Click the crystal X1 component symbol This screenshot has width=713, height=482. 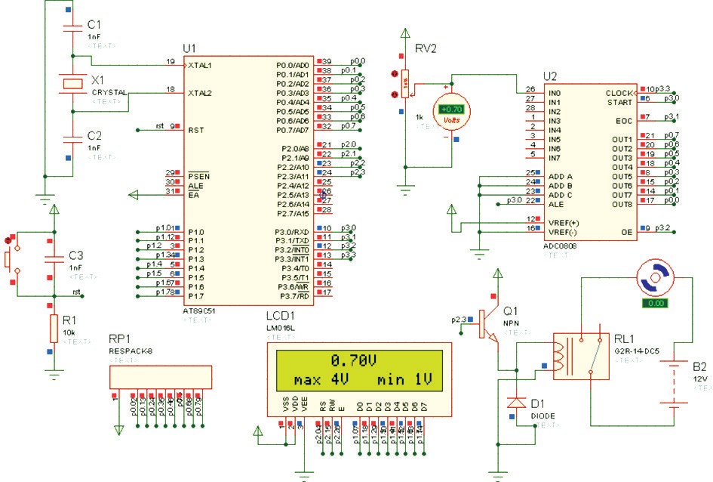[72, 82]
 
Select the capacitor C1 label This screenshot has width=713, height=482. [94, 24]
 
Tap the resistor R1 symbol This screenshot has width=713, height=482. [53, 329]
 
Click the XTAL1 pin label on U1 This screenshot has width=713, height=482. [201, 66]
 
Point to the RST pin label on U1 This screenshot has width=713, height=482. [197, 130]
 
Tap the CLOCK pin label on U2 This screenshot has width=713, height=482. [619, 93]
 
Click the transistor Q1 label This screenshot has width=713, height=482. [511, 311]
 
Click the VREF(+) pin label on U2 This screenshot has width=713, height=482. [564, 222]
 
